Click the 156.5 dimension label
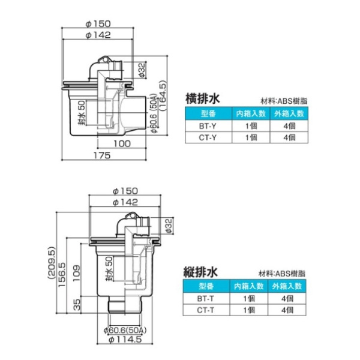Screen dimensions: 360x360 [x=62, y=278]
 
